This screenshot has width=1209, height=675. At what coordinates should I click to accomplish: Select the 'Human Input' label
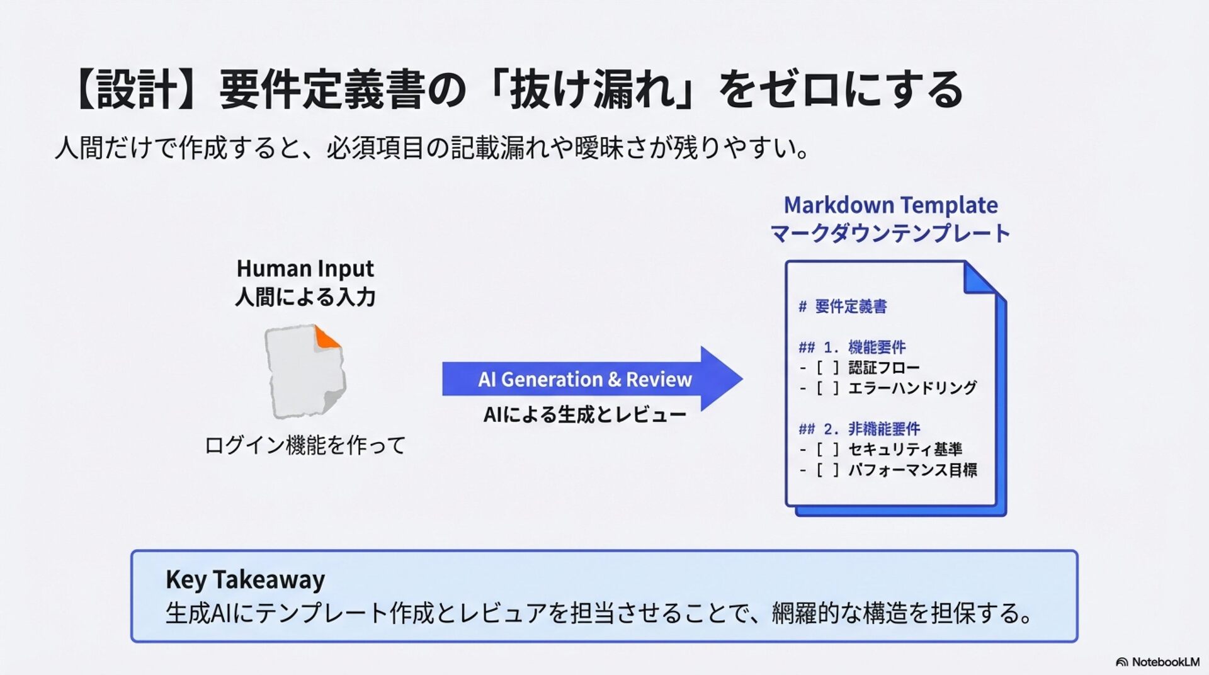(305, 269)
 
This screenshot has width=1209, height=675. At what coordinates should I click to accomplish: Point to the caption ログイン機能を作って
(305, 445)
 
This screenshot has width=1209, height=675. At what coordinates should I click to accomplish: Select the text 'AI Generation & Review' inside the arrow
(584, 380)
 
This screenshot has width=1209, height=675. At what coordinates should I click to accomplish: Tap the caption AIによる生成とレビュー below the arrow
(584, 414)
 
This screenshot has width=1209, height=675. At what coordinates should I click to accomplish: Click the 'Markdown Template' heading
(890, 205)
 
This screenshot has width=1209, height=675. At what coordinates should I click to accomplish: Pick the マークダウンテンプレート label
(890, 234)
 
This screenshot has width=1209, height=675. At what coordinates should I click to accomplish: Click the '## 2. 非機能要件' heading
(860, 429)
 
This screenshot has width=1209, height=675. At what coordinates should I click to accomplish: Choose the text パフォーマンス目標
(912, 470)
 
